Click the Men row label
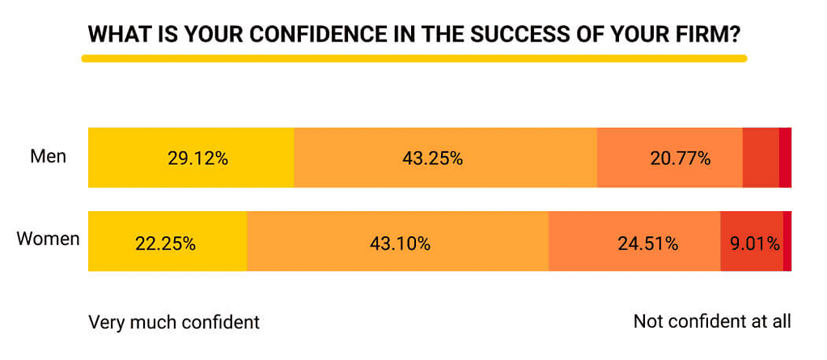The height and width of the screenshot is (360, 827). pos(49,157)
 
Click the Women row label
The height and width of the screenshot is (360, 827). pos(48,239)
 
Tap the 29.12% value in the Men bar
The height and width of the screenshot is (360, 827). pos(198,158)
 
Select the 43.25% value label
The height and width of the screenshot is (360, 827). pos(432,158)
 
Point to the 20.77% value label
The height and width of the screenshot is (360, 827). pos(681,158)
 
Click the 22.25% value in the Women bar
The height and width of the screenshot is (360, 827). pos(166,244)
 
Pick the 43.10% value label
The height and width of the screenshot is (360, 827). pos(400,244)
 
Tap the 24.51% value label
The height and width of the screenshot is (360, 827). pos(647,244)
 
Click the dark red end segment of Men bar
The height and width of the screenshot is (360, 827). pos(786,158)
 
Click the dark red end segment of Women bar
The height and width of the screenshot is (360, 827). pos(787,241)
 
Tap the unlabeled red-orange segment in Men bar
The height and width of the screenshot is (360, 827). pos(761,158)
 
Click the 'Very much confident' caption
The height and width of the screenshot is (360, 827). pos(174,322)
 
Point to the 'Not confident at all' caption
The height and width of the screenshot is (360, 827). pos(713,321)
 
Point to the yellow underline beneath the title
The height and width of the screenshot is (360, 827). pos(414,58)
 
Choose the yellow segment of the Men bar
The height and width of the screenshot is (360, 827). pos(191,158)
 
